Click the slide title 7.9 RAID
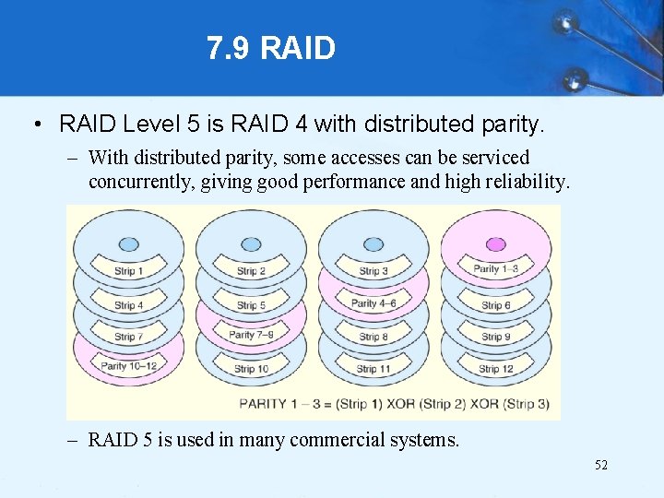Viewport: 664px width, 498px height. pyautogui.click(x=271, y=48)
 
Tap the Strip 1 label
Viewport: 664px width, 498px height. pyautogui.click(x=128, y=271)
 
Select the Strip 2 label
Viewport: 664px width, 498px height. pyautogui.click(x=251, y=271)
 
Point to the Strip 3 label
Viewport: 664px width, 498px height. pyautogui.click(x=373, y=271)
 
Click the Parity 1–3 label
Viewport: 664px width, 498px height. pyautogui.click(x=496, y=269)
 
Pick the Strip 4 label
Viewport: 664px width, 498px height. pyautogui.click(x=128, y=305)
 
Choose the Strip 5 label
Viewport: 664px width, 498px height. pyautogui.click(x=251, y=305)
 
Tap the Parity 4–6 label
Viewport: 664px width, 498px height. pyautogui.click(x=373, y=302)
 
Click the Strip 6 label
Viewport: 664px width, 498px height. pyautogui.click(x=496, y=305)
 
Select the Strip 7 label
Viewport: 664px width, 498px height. pyautogui.click(x=128, y=338)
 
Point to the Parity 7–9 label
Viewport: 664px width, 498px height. pyautogui.click(x=251, y=335)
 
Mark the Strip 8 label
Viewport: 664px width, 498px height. pyautogui.click(x=373, y=338)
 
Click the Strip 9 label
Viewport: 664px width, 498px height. pyautogui.click(x=496, y=338)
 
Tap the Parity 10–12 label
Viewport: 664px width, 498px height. pyautogui.click(x=128, y=366)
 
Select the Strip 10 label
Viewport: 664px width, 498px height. pyautogui.click(x=251, y=369)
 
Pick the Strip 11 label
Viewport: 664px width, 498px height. pyautogui.click(x=373, y=369)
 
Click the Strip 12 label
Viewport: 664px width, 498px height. pyautogui.click(x=496, y=369)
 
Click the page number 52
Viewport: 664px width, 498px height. pyautogui.click(x=600, y=466)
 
